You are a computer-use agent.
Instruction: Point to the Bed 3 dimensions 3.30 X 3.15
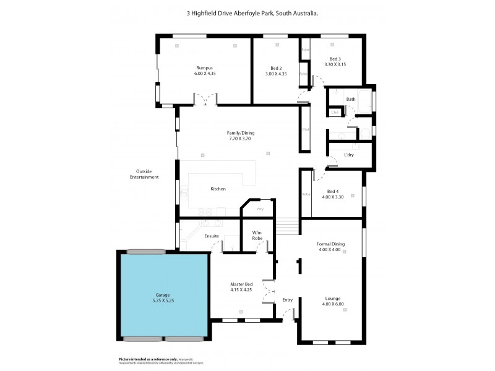tap(336, 64)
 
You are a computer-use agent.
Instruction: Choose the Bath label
tap(351, 99)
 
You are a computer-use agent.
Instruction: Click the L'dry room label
tap(349, 155)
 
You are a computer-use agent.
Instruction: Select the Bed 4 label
tap(333, 191)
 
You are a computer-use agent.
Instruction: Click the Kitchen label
tap(218, 189)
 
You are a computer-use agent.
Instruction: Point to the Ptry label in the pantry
tap(260, 209)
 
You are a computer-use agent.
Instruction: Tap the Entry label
tap(287, 300)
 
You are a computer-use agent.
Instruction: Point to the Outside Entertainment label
tap(144, 174)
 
